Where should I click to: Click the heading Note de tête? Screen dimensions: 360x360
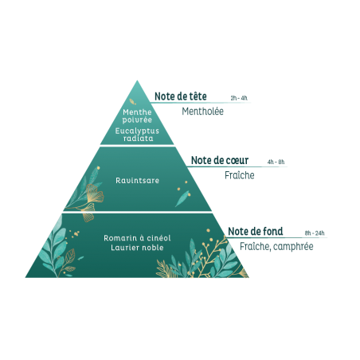pos(181,96)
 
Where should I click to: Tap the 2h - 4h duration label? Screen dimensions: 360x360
pos(239,98)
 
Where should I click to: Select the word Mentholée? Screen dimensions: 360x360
pos(202,112)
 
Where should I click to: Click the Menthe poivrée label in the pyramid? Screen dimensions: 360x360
pos(137,116)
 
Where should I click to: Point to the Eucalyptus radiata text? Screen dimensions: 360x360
pos(137,135)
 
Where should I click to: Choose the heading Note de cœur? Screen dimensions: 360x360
pos(220,160)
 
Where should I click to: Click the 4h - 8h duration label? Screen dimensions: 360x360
pos(276,162)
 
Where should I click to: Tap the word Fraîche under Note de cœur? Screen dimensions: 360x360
pos(240,175)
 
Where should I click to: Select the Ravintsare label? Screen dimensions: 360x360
pos(137,181)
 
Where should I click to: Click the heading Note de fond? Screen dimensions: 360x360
pos(256,231)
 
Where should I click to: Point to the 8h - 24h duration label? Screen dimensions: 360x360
pos(315,233)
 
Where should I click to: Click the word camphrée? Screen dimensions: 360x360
pos(293,247)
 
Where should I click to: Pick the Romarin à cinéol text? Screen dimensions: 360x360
pos(137,238)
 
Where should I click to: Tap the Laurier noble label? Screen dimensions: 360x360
pos(137,248)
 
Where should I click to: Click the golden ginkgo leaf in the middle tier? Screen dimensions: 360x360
pos(94,194)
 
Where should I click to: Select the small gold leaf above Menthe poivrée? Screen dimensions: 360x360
pos(132,102)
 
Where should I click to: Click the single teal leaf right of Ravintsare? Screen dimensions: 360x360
pos(182,198)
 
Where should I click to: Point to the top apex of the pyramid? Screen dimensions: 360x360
pos(137,80)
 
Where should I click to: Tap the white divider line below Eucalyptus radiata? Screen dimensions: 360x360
pos(137,146)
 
